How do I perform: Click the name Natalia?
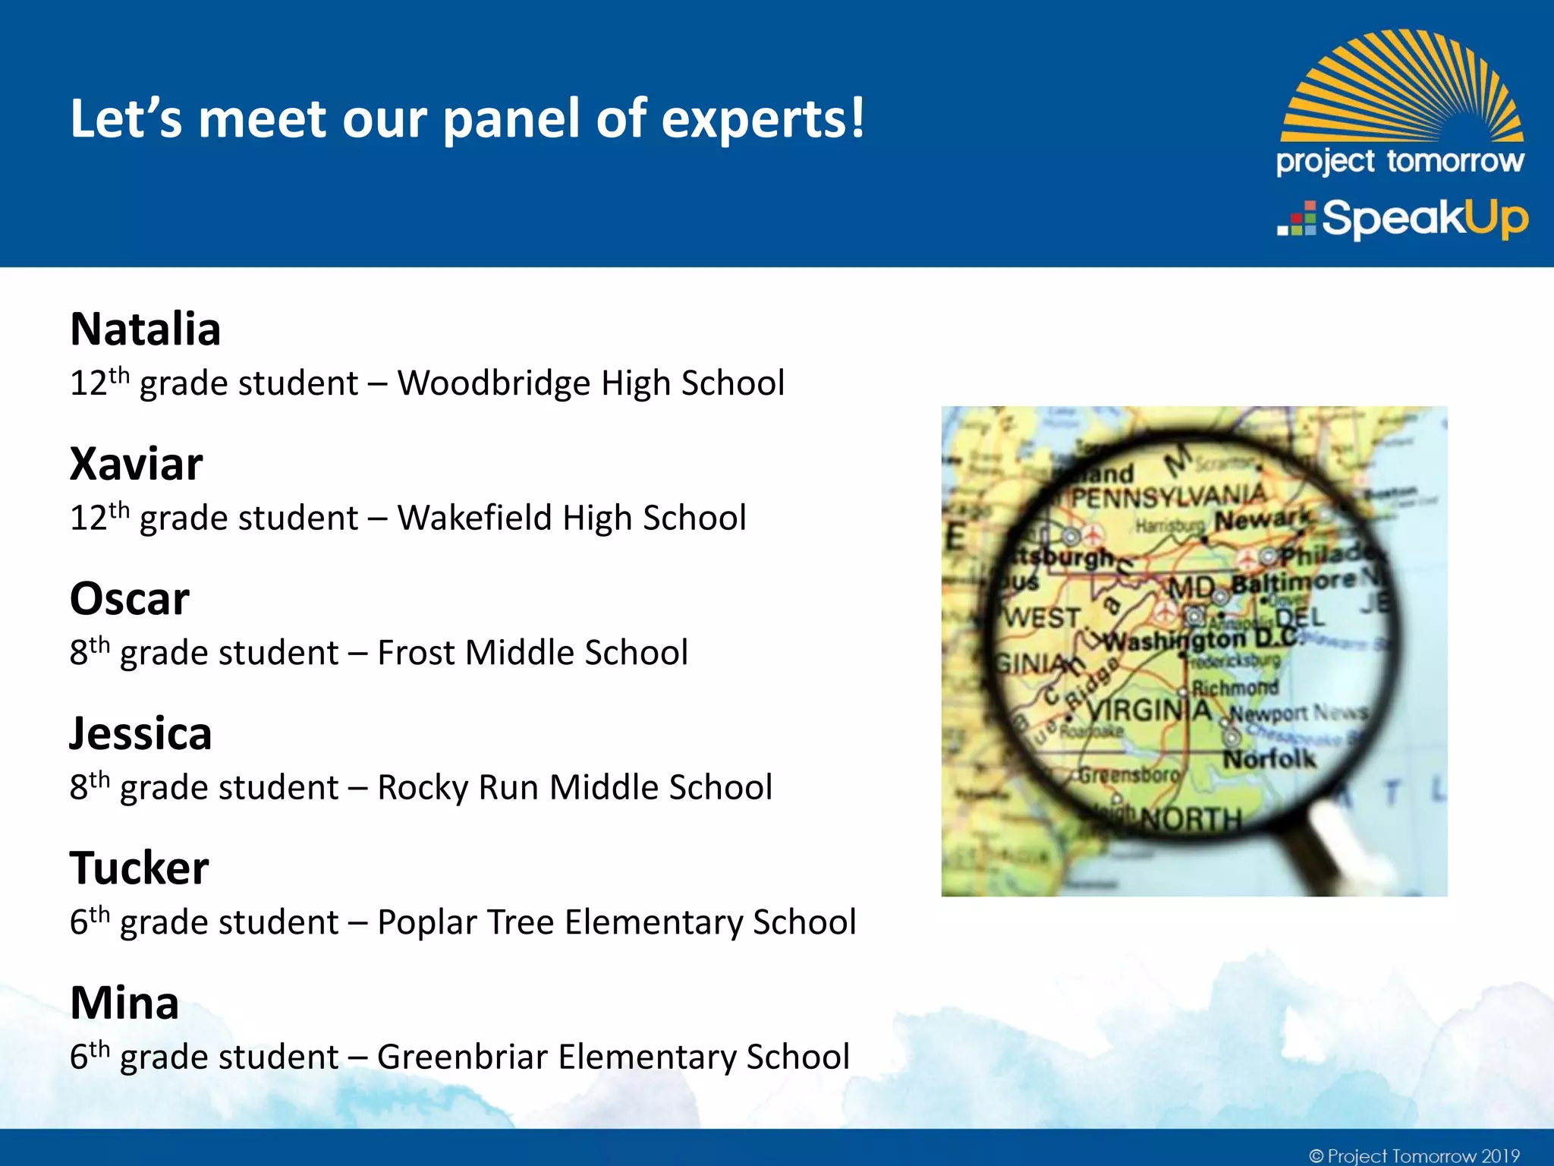click(145, 329)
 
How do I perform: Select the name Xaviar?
click(137, 464)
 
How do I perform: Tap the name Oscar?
click(129, 599)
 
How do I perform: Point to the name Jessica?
click(140, 734)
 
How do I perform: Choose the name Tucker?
click(139, 868)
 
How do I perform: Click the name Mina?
click(124, 1004)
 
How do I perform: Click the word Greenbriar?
click(461, 1057)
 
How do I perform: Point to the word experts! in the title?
click(763, 120)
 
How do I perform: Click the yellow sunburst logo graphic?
click(1402, 87)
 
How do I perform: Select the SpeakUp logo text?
click(1423, 219)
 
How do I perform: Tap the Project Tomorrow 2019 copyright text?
click(1414, 1155)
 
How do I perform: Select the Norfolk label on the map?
click(1269, 758)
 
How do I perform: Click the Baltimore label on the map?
click(1292, 583)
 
